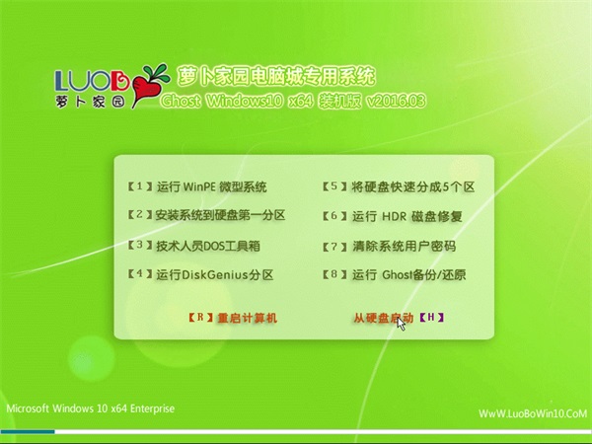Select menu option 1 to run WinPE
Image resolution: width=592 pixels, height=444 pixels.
pyautogui.click(x=197, y=186)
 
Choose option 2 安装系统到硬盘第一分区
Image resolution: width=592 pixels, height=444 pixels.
pyautogui.click(x=206, y=215)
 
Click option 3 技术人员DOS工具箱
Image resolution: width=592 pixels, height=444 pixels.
pyautogui.click(x=194, y=246)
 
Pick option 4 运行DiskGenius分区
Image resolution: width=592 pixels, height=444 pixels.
pyautogui.click(x=200, y=274)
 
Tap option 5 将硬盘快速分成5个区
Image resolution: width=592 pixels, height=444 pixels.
pyautogui.click(x=399, y=186)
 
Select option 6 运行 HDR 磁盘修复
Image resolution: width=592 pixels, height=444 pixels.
pyautogui.click(x=393, y=216)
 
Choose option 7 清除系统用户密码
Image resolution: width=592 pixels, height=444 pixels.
pyautogui.click(x=390, y=246)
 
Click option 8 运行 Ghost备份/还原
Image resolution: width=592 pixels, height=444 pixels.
pyautogui.click(x=394, y=275)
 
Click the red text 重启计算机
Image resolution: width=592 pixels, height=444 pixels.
pyautogui.click(x=248, y=318)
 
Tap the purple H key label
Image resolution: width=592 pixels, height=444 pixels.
pyautogui.click(x=431, y=317)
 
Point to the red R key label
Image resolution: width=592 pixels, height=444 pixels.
pyautogui.click(x=201, y=317)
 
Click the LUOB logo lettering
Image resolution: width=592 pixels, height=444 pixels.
pyautogui.click(x=92, y=81)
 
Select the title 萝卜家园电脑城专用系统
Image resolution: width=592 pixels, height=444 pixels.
pyautogui.click(x=276, y=77)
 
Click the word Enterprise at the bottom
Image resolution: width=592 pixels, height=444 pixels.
pyautogui.click(x=152, y=408)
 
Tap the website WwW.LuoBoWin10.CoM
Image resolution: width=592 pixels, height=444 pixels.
pyautogui.click(x=533, y=413)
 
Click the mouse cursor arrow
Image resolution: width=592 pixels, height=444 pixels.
pyautogui.click(x=401, y=324)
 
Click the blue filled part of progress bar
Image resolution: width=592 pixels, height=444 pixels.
pyautogui.click(x=28, y=432)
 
